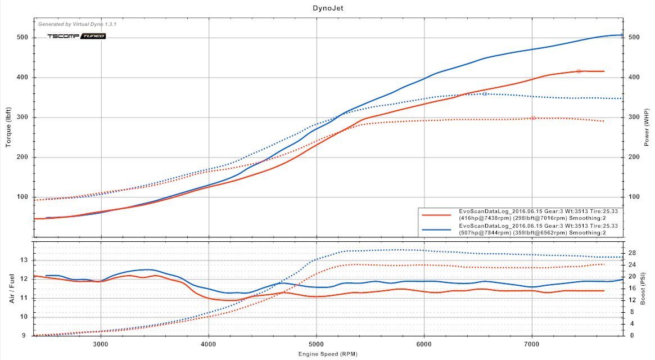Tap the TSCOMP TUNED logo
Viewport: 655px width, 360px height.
click(76, 36)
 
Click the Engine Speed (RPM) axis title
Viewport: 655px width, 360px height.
click(328, 354)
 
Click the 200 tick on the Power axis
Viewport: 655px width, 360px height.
click(634, 157)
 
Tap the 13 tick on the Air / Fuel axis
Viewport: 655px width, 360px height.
click(24, 260)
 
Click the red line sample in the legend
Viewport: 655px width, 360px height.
click(436, 214)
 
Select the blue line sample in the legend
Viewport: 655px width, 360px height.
click(436, 229)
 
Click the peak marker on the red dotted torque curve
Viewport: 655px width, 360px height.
click(533, 118)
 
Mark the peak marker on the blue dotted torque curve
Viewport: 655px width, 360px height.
click(485, 94)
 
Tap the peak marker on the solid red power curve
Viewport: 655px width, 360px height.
click(579, 71)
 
